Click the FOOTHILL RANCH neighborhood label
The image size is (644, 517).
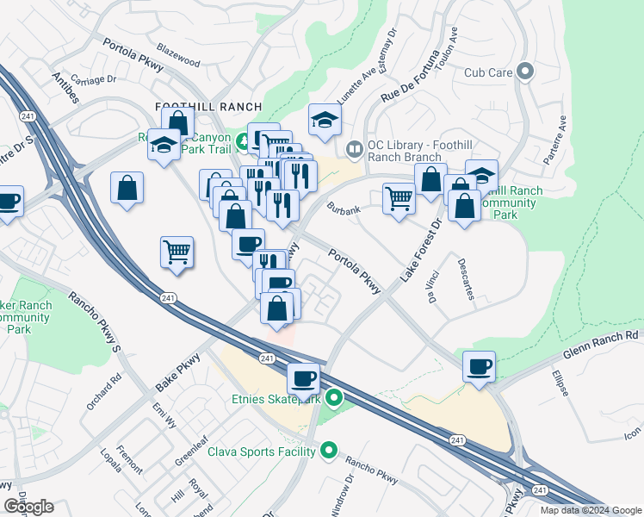[x=207, y=106]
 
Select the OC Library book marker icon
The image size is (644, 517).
[x=354, y=151]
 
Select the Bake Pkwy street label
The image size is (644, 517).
[x=178, y=369]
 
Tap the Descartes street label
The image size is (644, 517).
[x=467, y=278]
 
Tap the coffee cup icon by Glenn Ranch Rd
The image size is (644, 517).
[x=479, y=366]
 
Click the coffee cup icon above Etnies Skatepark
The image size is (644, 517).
[x=303, y=377]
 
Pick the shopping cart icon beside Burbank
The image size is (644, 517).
[x=399, y=198]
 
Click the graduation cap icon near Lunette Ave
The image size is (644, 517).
[x=325, y=120]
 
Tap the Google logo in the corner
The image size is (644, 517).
[x=28, y=506]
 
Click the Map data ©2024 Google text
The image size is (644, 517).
[x=590, y=510]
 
